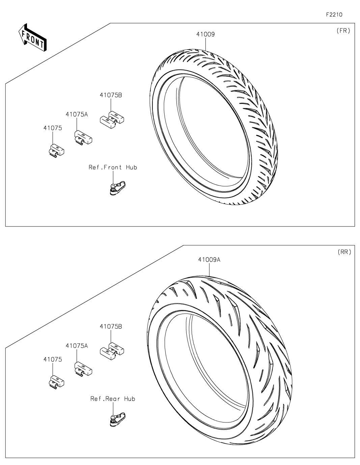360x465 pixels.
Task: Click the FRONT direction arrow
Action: pos(32,37)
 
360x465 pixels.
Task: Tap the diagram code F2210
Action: pos(334,15)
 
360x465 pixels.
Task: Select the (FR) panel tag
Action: pos(343,31)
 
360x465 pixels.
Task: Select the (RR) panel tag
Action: pos(344,252)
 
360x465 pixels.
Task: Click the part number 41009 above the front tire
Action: pos(206,34)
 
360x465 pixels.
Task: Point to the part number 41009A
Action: pos(209,260)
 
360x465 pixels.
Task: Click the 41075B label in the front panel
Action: pos(111,95)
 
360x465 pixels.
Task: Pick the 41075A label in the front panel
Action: pos(77,114)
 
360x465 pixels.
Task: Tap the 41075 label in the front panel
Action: pos(53,128)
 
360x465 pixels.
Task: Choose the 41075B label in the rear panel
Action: pos(111,327)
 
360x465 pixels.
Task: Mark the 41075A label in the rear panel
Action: pos(77,346)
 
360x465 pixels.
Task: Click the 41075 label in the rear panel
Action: pos(53,359)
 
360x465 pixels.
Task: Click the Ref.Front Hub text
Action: pos(113,167)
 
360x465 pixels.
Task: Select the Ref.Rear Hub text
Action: pos(113,399)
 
